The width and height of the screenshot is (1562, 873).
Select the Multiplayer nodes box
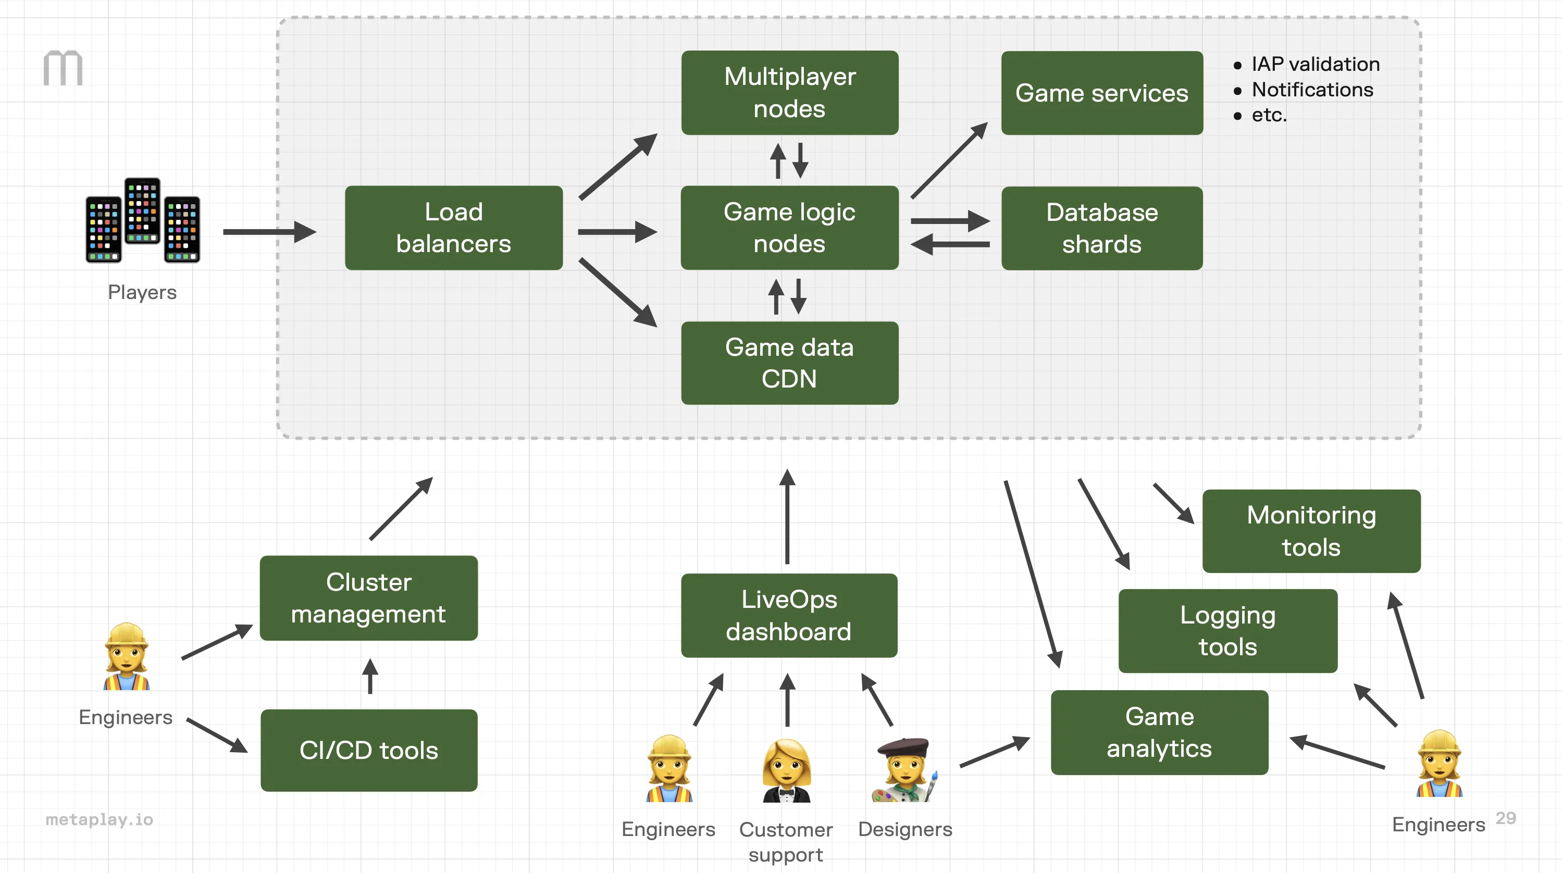(789, 92)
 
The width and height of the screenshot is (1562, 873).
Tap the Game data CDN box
(789, 363)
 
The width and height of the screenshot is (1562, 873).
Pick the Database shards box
(1102, 228)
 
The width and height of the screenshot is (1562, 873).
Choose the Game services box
(1102, 93)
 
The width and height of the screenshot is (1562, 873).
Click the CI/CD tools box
(369, 750)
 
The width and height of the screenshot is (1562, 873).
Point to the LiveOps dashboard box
(789, 615)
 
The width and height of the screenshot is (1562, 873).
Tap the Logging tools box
(1228, 630)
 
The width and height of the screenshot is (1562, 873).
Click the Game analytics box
(1159, 732)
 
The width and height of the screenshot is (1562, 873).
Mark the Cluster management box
(369, 598)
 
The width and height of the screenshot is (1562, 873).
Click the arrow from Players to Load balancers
(269, 232)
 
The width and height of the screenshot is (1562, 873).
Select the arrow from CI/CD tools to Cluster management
(370, 676)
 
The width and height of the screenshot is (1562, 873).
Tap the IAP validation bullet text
(1315, 64)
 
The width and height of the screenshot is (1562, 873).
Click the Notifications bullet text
(1312, 90)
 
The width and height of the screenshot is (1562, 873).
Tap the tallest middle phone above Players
(142, 210)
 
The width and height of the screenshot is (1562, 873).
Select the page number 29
(1505, 818)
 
